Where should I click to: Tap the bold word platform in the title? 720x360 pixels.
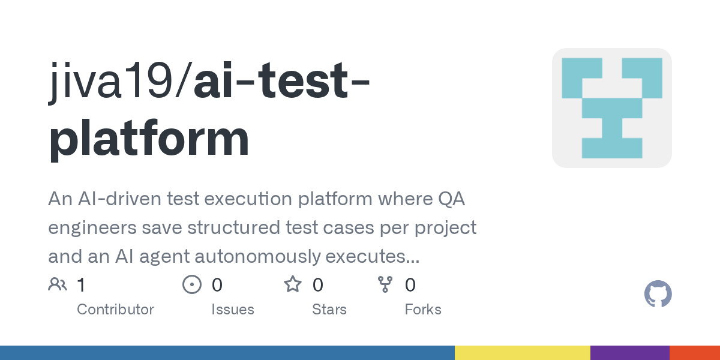[149, 139]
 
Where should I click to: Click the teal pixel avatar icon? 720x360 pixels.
[612, 108]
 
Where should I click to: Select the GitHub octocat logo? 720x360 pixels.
[658, 294]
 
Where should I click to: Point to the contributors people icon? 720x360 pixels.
[58, 284]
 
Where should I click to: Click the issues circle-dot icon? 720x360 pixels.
[192, 284]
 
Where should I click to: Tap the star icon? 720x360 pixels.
[293, 284]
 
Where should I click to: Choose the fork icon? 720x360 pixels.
[385, 284]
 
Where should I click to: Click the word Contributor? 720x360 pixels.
[115, 310]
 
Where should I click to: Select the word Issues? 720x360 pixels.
[233, 310]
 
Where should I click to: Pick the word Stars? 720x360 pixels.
[329, 310]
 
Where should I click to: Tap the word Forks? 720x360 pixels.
[423, 310]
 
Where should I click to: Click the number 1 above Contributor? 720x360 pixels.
[82, 285]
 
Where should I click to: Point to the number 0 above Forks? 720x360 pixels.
[410, 285]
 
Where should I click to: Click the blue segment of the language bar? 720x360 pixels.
[227, 353]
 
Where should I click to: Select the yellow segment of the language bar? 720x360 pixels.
[523, 353]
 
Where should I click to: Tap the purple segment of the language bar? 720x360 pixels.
[630, 353]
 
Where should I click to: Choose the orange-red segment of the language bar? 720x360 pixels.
[695, 353]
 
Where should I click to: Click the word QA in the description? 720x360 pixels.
[452, 199]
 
